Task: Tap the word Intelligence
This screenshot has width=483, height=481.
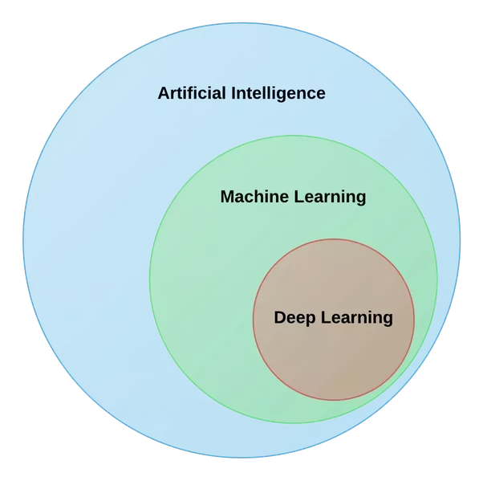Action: click(278, 93)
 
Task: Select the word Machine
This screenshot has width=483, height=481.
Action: click(254, 197)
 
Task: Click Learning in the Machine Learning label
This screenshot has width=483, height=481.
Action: click(328, 197)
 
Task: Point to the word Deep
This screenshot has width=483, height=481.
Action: click(294, 318)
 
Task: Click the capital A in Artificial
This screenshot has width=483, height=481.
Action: click(164, 93)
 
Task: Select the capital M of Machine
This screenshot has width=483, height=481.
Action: click(228, 197)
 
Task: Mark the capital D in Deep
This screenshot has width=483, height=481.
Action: click(280, 317)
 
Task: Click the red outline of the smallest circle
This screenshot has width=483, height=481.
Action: click(334, 238)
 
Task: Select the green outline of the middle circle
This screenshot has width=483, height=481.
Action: click(150, 279)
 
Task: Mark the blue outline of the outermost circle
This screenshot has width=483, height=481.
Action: click(23, 240)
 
